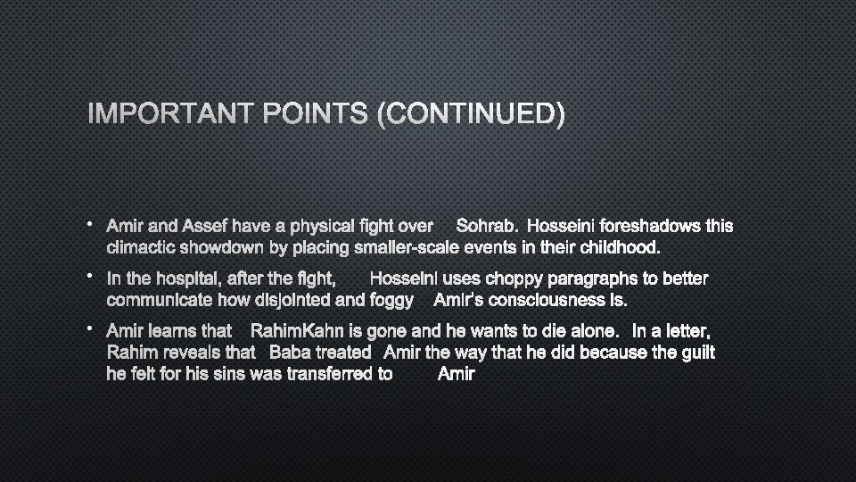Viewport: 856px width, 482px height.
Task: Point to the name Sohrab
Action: [485, 227]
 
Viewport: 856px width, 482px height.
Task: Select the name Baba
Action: [290, 353]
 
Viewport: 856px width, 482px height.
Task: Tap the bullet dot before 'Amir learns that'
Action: [91, 329]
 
